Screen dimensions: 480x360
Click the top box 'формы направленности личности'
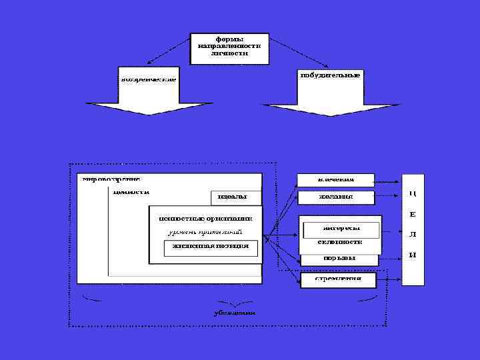click(229, 48)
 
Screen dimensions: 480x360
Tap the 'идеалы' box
click(233, 197)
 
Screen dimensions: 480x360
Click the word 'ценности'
click(131, 192)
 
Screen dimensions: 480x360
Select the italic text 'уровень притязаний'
click(204, 231)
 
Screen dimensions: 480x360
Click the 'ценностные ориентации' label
click(205, 217)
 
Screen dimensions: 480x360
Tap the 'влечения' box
click(336, 179)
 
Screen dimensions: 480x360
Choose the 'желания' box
click(336, 197)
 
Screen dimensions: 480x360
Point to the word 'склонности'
click(340, 241)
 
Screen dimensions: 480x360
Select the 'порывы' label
click(339, 257)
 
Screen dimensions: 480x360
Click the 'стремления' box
click(339, 279)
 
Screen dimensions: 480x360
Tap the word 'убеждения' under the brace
click(234, 312)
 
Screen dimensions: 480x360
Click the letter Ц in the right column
click(413, 193)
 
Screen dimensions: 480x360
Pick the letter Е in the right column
click(413, 214)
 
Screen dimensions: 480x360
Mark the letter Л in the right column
click(413, 235)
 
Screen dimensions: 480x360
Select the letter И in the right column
click(413, 255)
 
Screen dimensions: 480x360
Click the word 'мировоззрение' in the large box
click(111, 179)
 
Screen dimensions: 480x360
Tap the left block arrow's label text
click(148, 79)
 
